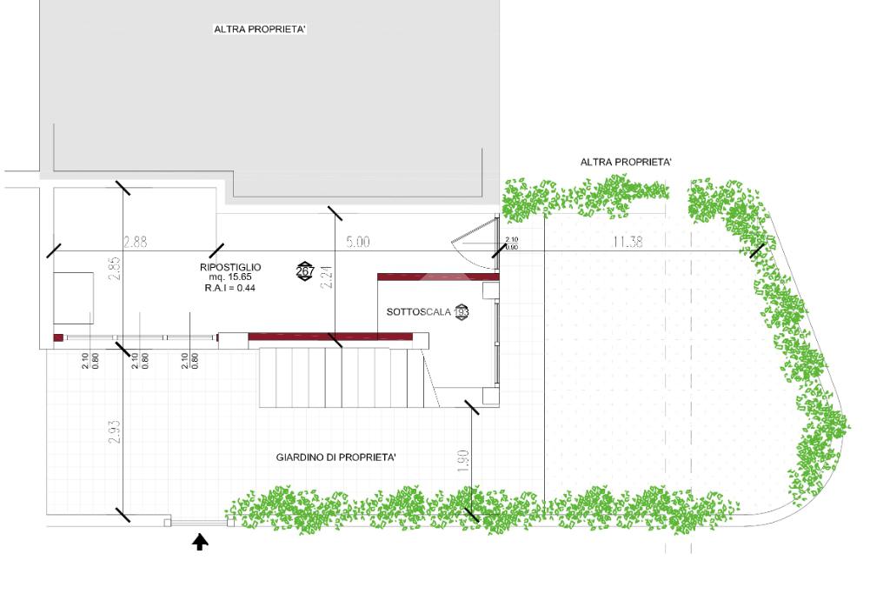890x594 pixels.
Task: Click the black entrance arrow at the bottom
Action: (x=200, y=543)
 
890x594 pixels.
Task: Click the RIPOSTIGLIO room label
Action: (x=230, y=267)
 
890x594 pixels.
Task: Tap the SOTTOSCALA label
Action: (x=419, y=311)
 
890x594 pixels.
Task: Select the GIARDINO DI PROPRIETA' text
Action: (x=336, y=457)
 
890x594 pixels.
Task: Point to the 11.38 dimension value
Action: (x=628, y=243)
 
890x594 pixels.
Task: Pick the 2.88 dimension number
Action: (x=136, y=242)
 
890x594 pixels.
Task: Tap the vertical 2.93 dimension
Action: (x=115, y=433)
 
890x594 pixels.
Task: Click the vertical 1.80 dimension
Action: (x=463, y=461)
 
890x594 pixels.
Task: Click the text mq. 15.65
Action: (x=229, y=277)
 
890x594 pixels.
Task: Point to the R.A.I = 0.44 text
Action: (x=229, y=287)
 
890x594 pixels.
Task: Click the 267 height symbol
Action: (x=305, y=271)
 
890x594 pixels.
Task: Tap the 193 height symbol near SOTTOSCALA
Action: (x=461, y=311)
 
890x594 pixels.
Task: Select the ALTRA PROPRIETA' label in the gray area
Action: (x=260, y=30)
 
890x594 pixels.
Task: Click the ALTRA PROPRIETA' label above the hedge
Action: (x=626, y=163)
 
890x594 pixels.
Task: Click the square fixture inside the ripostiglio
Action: (x=73, y=297)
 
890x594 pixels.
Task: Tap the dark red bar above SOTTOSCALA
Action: (x=438, y=276)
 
